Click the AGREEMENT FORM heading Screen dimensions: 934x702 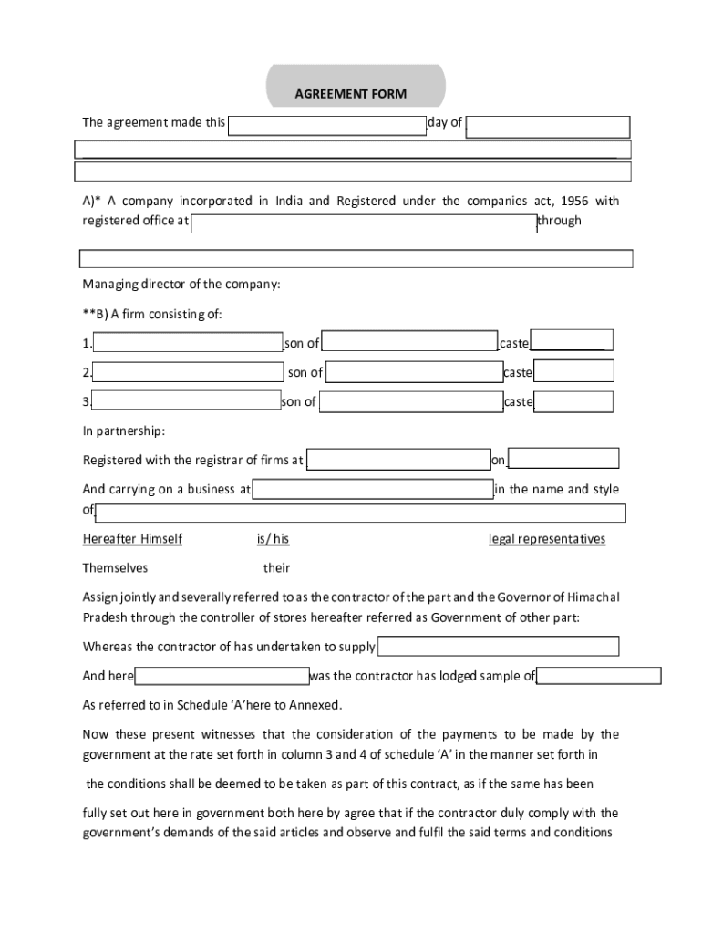point(350,94)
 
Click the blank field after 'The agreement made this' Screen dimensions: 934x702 point(326,125)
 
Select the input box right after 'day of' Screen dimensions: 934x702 point(547,128)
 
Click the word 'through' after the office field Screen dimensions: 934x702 point(559,221)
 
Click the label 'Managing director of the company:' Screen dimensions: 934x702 point(181,285)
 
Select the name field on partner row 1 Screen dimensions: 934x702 point(188,343)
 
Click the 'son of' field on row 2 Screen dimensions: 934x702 point(413,372)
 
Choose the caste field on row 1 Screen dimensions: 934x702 point(572,340)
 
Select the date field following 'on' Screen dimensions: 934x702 point(563,459)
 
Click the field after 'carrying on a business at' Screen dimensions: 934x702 point(373,490)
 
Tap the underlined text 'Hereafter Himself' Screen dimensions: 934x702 point(132,539)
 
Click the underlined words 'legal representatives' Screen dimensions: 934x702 point(547,539)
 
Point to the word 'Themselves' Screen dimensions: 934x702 point(115,568)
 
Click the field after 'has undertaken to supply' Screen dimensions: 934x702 point(498,647)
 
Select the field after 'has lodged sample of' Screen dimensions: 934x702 point(598,676)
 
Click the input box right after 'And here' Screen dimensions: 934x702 point(222,676)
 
